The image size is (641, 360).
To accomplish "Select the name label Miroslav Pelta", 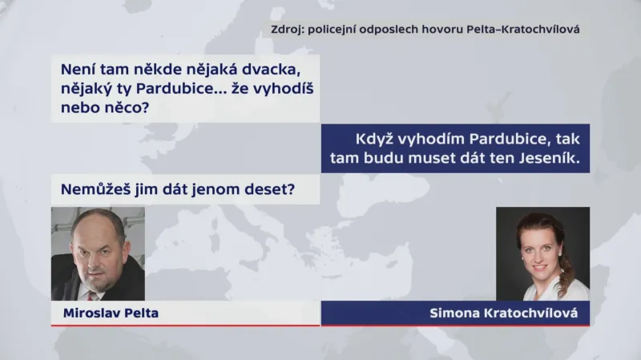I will point(111,313).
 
